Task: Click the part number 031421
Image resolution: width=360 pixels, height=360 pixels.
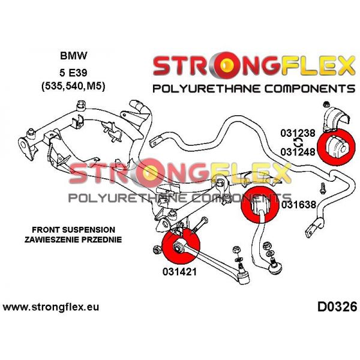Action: point(179,272)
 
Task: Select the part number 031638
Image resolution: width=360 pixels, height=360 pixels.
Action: point(299,205)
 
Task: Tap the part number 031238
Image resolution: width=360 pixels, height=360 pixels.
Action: point(298,133)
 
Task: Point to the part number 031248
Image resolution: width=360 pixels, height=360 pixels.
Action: point(298,152)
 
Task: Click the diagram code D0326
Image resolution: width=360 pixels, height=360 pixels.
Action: point(337,307)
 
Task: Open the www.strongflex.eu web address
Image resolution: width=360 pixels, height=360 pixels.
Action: point(51,307)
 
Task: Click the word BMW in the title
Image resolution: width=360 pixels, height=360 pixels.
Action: point(74,56)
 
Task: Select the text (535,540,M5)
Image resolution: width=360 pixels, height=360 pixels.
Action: point(73,86)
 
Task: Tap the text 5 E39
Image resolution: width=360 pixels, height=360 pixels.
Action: point(73,73)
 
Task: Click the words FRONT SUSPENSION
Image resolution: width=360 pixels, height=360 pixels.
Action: point(73,230)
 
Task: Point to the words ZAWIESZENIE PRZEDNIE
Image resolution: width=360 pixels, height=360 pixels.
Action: point(73,239)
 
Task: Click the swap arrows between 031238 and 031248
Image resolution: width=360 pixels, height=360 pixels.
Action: point(298,143)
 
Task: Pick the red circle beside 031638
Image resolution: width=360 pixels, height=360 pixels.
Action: point(260,205)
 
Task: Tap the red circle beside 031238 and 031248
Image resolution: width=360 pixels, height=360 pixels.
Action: point(336,146)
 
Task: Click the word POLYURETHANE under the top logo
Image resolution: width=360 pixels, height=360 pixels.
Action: point(206,89)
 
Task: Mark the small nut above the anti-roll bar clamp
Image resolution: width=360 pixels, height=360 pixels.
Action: point(326,104)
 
